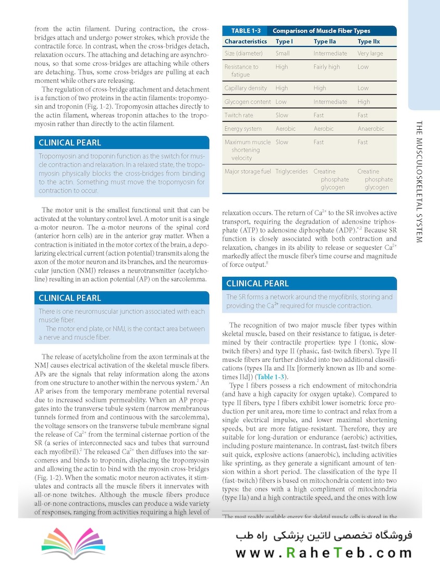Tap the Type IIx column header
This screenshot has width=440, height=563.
[x=369, y=42]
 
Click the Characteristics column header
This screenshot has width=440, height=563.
[x=246, y=42]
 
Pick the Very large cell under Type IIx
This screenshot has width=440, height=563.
[x=370, y=54]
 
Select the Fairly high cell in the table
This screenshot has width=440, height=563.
[x=326, y=67]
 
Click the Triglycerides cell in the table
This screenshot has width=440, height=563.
[x=291, y=172]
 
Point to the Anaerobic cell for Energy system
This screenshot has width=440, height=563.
[x=371, y=129]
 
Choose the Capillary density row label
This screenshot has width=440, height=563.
[x=246, y=89]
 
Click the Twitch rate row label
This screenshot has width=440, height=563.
[x=239, y=115]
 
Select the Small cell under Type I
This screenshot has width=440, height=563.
[x=283, y=54]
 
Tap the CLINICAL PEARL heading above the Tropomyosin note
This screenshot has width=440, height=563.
[x=70, y=143]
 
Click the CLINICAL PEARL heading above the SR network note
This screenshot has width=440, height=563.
[x=257, y=284]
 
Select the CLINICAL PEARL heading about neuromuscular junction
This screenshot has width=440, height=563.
[x=70, y=298]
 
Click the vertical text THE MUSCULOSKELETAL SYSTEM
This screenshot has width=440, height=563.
[x=420, y=181]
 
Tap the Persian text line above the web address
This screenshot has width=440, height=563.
[x=323, y=535]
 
